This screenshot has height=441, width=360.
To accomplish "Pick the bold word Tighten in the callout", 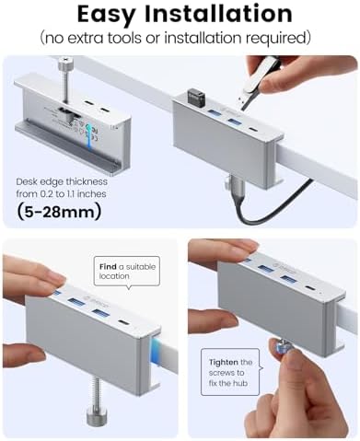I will pos(222,362).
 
